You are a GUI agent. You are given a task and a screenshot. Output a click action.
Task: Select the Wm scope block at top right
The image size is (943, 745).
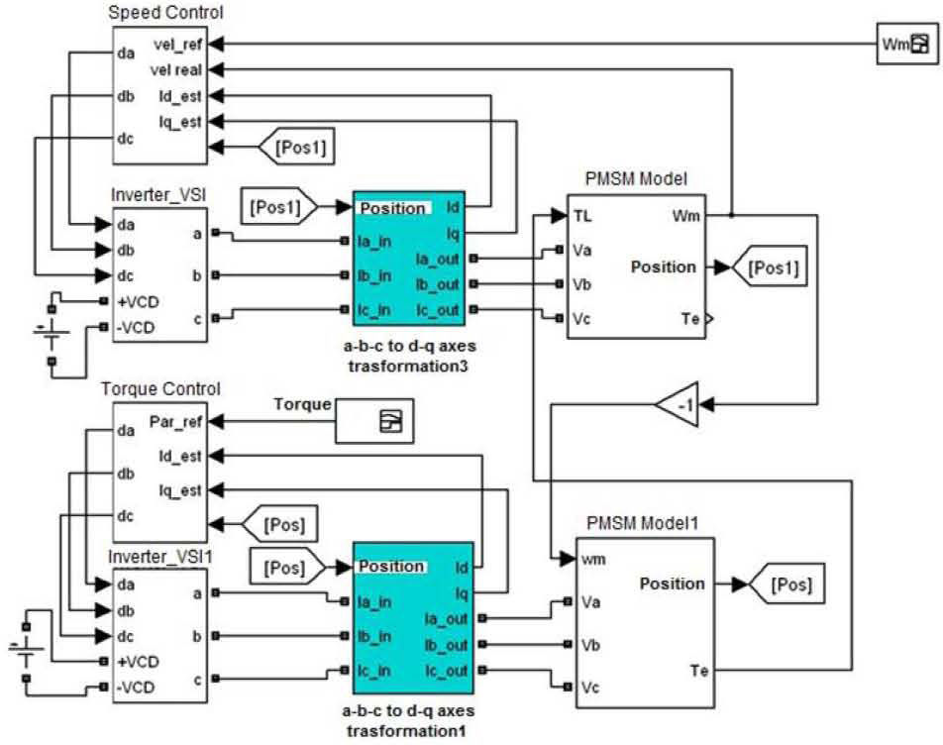[907, 44]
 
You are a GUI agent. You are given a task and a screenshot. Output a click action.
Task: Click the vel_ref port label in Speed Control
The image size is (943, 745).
[177, 45]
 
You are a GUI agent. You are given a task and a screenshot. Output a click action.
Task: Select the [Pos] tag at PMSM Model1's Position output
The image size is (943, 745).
[788, 585]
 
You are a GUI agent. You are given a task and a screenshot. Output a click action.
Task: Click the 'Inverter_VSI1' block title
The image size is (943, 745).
[157, 557]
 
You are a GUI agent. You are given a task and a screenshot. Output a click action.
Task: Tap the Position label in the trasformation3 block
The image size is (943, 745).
[392, 209]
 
